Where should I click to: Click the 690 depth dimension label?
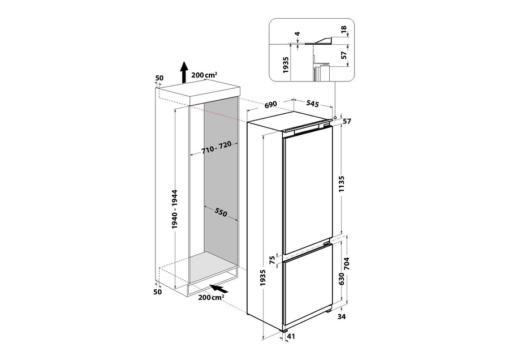pyautogui.click(x=270, y=104)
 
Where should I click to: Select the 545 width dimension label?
pyautogui.click(x=313, y=104)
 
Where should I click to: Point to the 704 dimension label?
pyautogui.click(x=347, y=264)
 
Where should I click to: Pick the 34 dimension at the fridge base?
pyautogui.click(x=342, y=316)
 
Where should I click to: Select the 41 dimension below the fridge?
pyautogui.click(x=291, y=337)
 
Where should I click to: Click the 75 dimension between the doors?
pyautogui.click(x=272, y=260)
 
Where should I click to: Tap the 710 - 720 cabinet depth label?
pyautogui.click(x=216, y=147)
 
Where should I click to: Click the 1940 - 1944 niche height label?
pyautogui.click(x=175, y=209)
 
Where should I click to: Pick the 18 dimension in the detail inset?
pyautogui.click(x=344, y=29)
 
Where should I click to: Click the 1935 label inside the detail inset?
pyautogui.click(x=286, y=65)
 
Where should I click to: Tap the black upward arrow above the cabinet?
pyautogui.click(x=184, y=72)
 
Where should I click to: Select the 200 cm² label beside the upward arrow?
pyautogui.click(x=204, y=75)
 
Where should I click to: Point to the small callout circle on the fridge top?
pyautogui.click(x=335, y=117)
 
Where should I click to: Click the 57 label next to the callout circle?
pyautogui.click(x=347, y=122)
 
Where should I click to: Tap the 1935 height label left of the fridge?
pyautogui.click(x=263, y=278)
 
